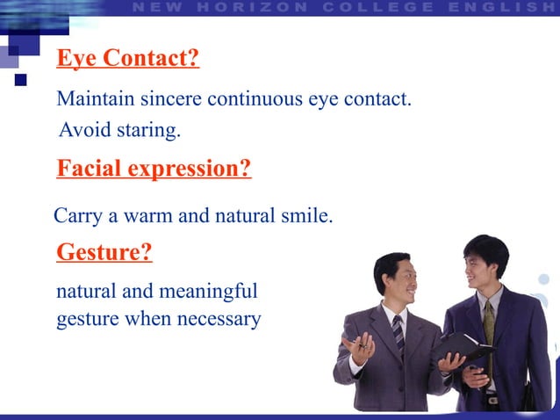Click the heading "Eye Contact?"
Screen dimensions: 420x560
click(128, 59)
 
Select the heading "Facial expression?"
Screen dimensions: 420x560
click(154, 168)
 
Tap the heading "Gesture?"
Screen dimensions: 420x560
click(104, 253)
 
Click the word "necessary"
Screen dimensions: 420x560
click(219, 318)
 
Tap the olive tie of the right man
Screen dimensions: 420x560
click(489, 321)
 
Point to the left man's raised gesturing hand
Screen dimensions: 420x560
click(359, 349)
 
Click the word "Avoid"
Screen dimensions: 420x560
click(84, 131)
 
